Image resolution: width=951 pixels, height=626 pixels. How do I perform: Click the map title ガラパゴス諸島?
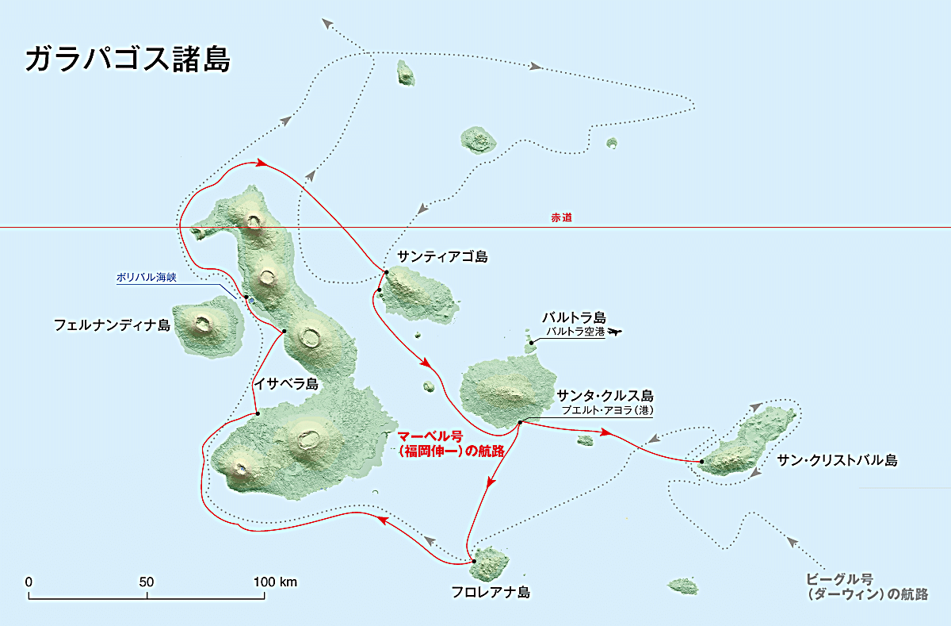[127, 60]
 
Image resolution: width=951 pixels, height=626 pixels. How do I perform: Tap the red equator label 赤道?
[561, 217]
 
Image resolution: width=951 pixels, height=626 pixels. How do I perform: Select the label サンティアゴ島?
[443, 256]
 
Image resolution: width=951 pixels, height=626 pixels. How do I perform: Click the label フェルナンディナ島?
[112, 325]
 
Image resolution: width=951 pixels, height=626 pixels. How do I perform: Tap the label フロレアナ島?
[490, 592]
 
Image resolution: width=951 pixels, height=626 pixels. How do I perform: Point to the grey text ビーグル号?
[839, 578]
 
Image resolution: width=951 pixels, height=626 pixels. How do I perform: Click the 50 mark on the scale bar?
[147, 582]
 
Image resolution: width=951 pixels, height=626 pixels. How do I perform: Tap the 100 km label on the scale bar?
[275, 582]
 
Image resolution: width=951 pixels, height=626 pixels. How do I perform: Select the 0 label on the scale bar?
[29, 582]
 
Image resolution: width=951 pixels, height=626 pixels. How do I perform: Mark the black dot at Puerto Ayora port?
[520, 422]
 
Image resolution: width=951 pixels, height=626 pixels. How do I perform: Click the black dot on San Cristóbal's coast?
[702, 461]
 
